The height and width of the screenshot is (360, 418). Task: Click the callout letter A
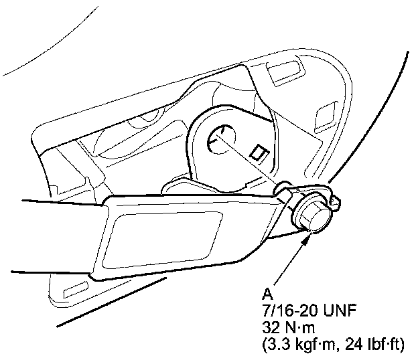point(267,294)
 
